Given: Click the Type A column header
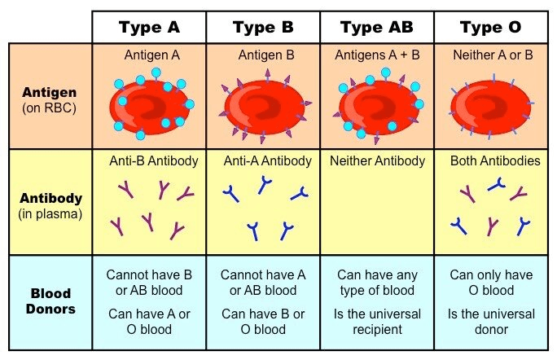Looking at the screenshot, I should coord(149,27).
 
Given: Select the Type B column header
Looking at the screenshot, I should coord(263,27).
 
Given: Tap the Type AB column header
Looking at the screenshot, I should coord(376,27).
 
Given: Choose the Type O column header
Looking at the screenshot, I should coord(490,27).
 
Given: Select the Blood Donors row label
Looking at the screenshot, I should coord(50,302).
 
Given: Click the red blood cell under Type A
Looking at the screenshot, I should coord(151,105).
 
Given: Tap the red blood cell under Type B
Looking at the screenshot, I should coord(263,104).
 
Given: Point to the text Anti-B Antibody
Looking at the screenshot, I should coord(154,161).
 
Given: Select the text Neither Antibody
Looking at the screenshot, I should coord(377,161).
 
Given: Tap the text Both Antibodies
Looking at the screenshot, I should coord(495,161).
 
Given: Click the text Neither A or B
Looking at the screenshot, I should coord(491,55).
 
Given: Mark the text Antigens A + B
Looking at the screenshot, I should coord(376,55).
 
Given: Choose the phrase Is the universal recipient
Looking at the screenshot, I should coord(376,322).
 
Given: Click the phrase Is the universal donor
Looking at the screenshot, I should coord(490,322).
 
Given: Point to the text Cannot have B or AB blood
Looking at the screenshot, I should coord(149,283).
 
